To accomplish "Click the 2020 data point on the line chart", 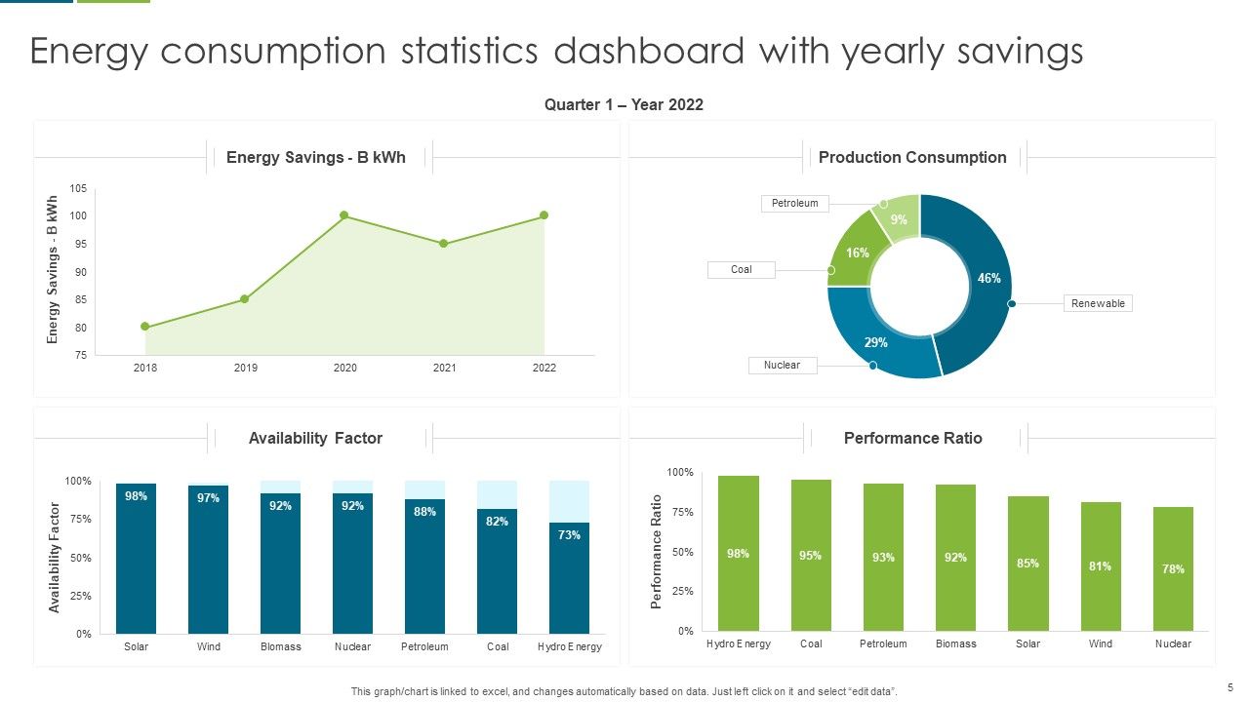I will point(344,215).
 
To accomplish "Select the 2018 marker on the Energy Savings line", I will point(145,327).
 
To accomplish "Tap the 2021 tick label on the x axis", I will point(444,369).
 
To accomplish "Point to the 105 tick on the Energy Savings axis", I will point(78,188).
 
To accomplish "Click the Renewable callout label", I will point(1098,303).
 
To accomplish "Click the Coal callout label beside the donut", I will point(742,269).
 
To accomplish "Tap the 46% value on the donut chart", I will point(988,278).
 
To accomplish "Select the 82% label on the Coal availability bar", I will point(497,522).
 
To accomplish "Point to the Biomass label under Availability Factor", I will point(281,646).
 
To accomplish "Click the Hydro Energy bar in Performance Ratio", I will point(739,553).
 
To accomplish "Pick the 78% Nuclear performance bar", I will point(1173,568).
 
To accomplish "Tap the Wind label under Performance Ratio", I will point(1100,643).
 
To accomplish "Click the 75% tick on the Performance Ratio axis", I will point(681,512).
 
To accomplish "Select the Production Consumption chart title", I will point(912,157).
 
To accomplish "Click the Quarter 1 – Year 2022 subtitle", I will point(624,104).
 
